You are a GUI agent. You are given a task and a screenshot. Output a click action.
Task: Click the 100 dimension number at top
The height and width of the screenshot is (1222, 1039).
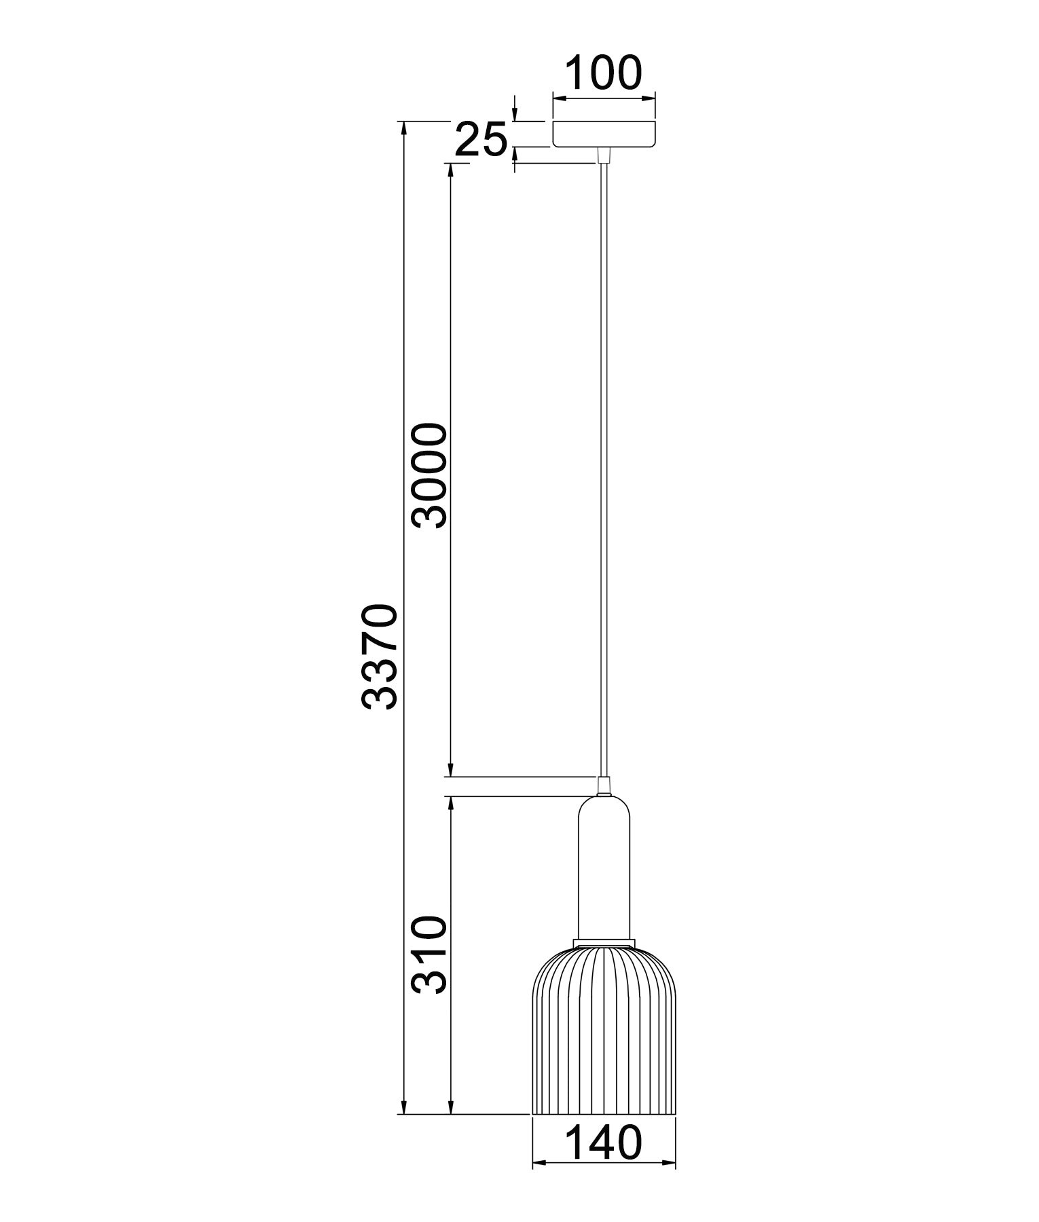tap(604, 73)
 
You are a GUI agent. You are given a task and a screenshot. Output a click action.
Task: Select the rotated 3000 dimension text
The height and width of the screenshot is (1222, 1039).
tap(430, 475)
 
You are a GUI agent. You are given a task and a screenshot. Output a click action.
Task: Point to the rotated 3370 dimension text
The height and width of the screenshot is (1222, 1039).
tap(378, 656)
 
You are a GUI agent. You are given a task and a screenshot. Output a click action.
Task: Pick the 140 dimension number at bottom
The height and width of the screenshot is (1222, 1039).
tap(604, 1143)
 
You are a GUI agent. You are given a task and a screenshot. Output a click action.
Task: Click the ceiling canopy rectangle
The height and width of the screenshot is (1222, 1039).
tap(604, 134)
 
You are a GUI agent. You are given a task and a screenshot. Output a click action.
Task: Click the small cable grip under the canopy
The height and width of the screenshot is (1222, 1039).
tap(603, 156)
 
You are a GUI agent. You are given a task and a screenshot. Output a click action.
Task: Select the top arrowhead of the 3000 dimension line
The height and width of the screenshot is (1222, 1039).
tap(450, 170)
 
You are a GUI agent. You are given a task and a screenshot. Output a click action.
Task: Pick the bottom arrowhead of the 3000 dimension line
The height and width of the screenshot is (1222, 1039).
tap(450, 769)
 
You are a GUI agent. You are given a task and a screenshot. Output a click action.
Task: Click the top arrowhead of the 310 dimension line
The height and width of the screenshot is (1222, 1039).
tap(450, 802)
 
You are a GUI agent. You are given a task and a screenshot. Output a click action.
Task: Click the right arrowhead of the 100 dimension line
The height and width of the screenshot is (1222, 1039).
tap(649, 99)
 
